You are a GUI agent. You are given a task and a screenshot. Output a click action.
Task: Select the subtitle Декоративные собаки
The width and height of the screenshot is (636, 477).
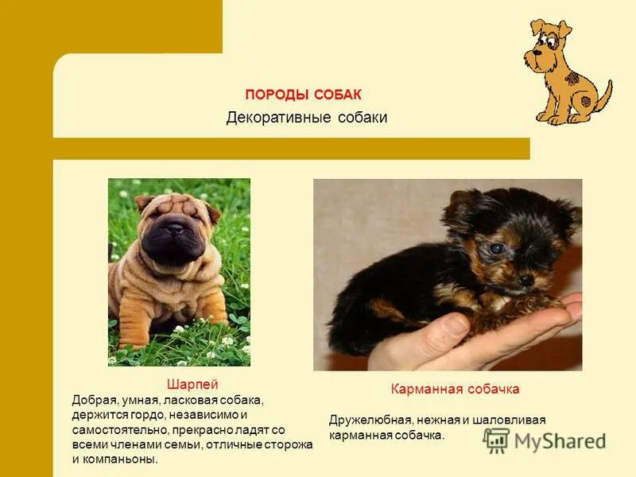point(307,118)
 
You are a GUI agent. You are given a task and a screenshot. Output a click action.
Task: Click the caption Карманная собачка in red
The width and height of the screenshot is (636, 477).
point(455,389)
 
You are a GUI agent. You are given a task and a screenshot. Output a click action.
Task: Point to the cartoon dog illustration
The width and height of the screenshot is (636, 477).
point(566,72)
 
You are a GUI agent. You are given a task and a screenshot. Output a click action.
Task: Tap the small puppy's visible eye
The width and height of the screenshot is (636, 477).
point(496,249)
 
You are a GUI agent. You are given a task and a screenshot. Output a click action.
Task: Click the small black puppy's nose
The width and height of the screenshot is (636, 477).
point(525,280)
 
